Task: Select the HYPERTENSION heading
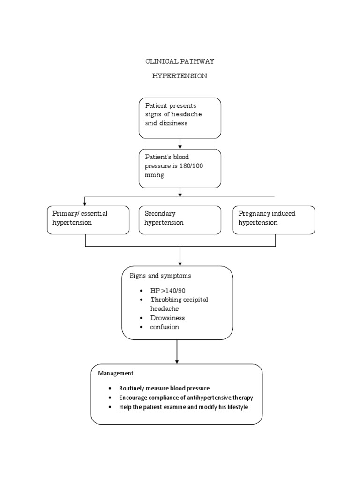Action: pos(180,76)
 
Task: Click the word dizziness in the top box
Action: pos(173,123)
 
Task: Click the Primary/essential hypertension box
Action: pos(88,219)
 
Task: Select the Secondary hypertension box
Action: pos(180,219)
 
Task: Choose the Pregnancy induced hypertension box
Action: pos(274,219)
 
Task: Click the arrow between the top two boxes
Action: pos(180,143)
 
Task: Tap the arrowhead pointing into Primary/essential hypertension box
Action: pos(85,203)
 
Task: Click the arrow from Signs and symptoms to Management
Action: pos(177,351)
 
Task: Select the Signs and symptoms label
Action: pos(160,276)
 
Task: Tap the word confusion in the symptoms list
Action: pos(165,327)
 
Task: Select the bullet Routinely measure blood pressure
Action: pos(164,388)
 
